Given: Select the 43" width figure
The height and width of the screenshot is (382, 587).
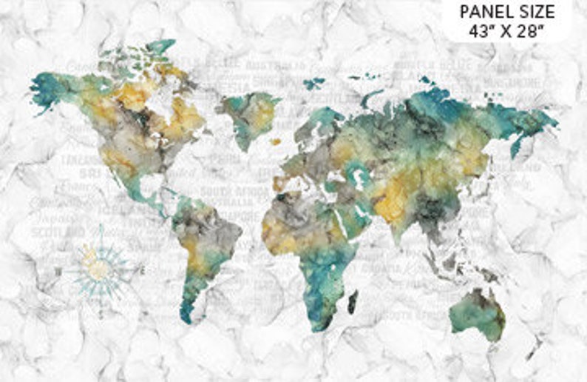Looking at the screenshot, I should [481, 32].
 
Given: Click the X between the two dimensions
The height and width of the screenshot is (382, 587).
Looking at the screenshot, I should [511, 32].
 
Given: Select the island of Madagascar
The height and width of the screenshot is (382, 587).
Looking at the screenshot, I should [353, 301].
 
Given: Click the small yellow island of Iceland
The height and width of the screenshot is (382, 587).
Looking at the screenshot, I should [275, 141].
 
